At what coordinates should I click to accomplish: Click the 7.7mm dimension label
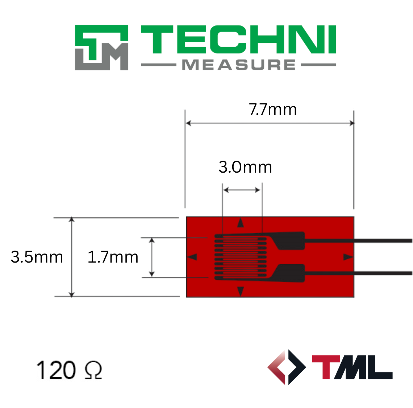(x=272, y=110)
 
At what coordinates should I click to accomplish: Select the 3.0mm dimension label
(x=245, y=167)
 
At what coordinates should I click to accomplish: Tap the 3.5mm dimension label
(x=37, y=257)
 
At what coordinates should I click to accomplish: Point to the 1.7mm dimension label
(x=113, y=257)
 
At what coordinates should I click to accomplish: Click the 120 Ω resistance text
(x=69, y=370)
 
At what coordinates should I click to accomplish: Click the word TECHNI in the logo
(x=239, y=39)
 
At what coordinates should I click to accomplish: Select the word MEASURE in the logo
(x=239, y=65)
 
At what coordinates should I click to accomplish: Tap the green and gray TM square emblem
(x=102, y=48)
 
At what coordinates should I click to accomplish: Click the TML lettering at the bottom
(x=352, y=367)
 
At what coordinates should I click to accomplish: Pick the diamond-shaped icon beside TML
(x=287, y=367)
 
